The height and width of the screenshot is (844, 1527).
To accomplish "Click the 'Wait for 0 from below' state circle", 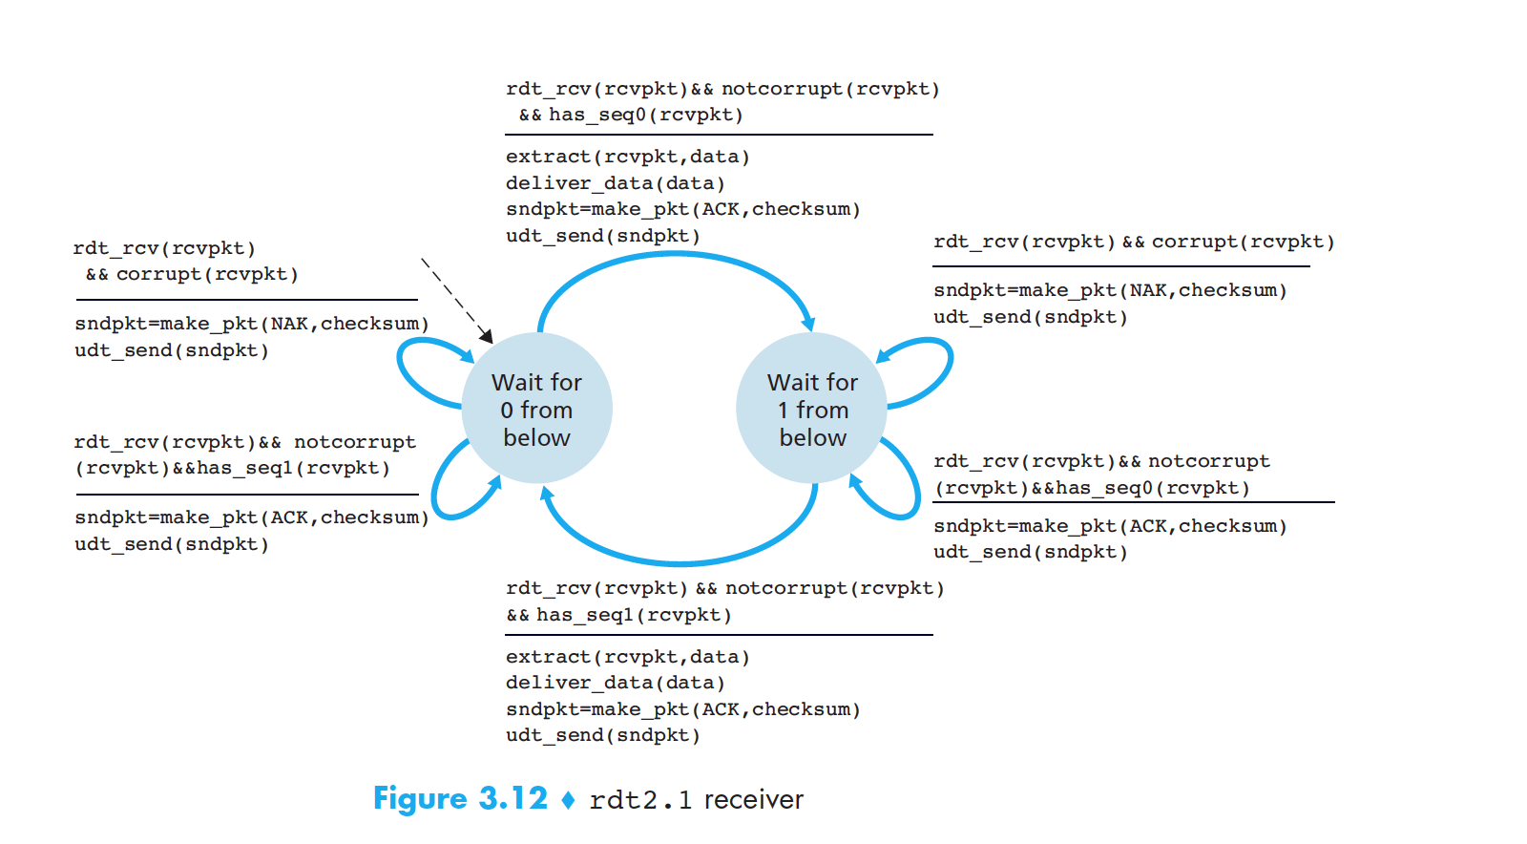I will [536, 409].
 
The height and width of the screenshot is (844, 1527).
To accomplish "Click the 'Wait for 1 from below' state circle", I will [812, 409].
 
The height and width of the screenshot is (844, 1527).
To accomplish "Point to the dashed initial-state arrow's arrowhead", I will [487, 337].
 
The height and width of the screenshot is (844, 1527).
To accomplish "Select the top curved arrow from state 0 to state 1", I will [675, 255].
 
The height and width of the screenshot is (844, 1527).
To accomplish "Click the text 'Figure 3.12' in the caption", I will [460, 798].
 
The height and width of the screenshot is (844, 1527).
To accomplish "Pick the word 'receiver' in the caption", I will [754, 799].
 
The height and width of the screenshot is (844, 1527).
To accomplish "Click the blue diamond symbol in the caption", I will [569, 799].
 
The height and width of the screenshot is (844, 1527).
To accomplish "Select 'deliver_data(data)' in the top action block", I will [615, 182].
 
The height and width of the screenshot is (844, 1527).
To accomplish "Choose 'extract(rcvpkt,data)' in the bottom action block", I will [627, 657].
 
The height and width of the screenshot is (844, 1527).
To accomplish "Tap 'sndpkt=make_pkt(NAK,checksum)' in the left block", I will [252, 324].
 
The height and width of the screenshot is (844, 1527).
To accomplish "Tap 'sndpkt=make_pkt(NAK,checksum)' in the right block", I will [1110, 290].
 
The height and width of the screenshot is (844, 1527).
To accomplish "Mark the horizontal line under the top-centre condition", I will [719, 135].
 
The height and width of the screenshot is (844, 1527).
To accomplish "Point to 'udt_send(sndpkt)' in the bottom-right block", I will [1031, 552].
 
